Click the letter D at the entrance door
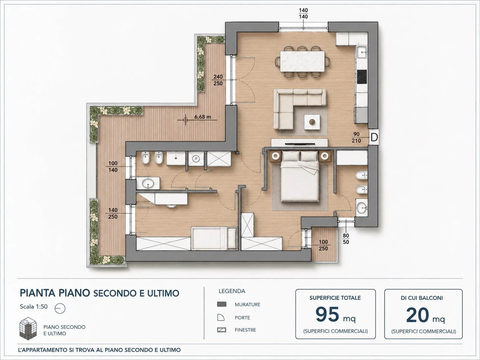point(374,137)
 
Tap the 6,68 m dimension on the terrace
point(203,117)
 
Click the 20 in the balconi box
point(417,315)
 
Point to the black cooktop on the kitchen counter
point(362,77)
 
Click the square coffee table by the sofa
point(312,122)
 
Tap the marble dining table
point(303,61)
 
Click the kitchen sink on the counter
point(362,52)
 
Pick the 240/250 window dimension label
point(218,80)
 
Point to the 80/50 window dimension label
point(346,239)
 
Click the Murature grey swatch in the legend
point(221,304)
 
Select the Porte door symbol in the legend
point(221,317)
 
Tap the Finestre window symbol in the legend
point(221,330)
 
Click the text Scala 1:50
point(34,307)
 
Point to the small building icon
point(28,329)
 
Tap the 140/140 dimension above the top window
point(303,13)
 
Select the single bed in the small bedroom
point(214,238)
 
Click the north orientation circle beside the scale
point(60,308)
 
